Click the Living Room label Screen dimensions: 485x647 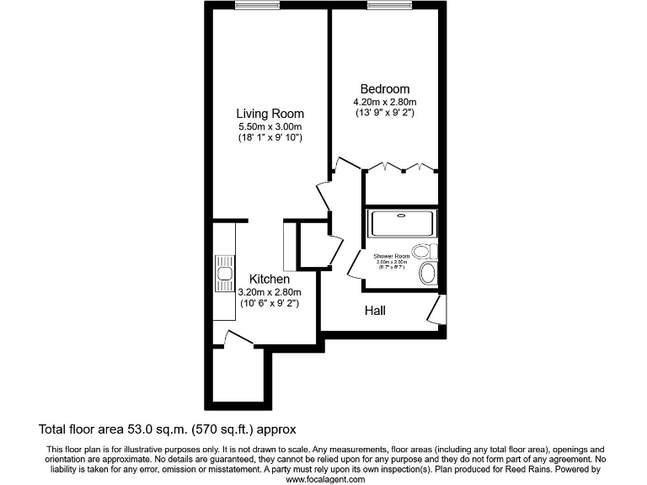pyautogui.click(x=270, y=114)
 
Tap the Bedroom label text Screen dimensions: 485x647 pyautogui.click(x=384, y=89)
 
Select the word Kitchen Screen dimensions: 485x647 pyautogui.click(x=270, y=279)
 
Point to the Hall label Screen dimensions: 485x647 pyautogui.click(x=375, y=311)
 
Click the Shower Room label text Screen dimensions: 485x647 pyautogui.click(x=391, y=255)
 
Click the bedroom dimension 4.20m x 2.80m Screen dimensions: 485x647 pyautogui.click(x=384, y=102)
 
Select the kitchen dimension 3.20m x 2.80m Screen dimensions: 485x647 pyautogui.click(x=270, y=291)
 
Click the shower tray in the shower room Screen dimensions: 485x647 pyautogui.click(x=403, y=223)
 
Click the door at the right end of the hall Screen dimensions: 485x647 pyautogui.click(x=436, y=311)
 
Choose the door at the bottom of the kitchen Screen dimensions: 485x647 pyautogui.click(x=238, y=339)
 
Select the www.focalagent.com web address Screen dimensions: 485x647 pyautogui.click(x=326, y=479)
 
